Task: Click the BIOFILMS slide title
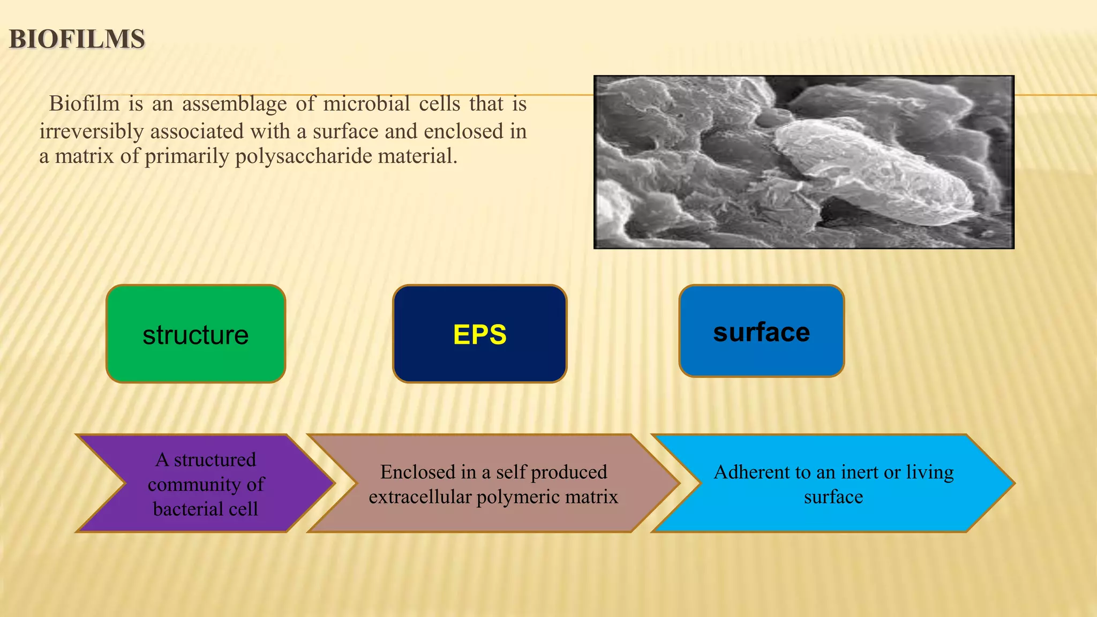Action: [77, 40]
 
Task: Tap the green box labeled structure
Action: [196, 334]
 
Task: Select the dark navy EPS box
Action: [479, 334]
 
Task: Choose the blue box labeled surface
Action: [761, 332]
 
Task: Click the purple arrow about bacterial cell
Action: [206, 484]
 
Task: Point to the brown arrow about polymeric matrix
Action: [493, 484]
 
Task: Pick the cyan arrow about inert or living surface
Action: [833, 484]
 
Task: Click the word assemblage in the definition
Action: [234, 103]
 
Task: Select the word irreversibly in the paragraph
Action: [92, 131]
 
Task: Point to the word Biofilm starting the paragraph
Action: [84, 103]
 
